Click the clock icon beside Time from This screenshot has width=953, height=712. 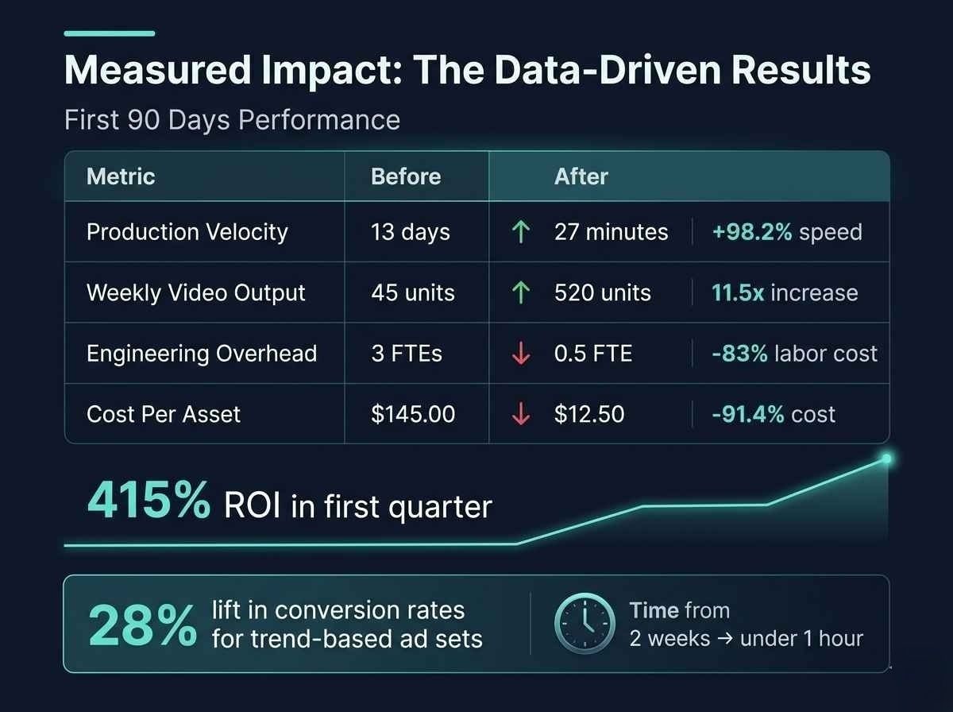585,625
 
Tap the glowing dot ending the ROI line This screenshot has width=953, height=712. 886,459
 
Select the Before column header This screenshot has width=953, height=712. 406,176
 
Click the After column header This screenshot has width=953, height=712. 581,176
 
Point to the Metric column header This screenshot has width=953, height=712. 121,176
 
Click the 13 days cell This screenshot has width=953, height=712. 411,232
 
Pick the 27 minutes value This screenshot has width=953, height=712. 611,232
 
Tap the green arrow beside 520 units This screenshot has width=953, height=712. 521,292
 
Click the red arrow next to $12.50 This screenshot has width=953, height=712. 521,414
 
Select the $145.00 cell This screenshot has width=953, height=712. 413,414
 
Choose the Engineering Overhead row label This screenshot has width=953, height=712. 202,354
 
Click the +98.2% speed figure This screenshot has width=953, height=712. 786,232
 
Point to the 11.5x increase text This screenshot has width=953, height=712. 785,292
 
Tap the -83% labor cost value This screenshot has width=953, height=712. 794,354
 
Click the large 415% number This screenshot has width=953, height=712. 149,501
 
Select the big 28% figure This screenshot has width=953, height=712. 143,625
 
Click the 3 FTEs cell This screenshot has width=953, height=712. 407,354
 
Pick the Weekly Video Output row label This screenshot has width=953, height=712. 196,292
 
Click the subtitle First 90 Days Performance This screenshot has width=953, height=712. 232,120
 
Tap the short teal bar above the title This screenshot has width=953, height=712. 109,33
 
